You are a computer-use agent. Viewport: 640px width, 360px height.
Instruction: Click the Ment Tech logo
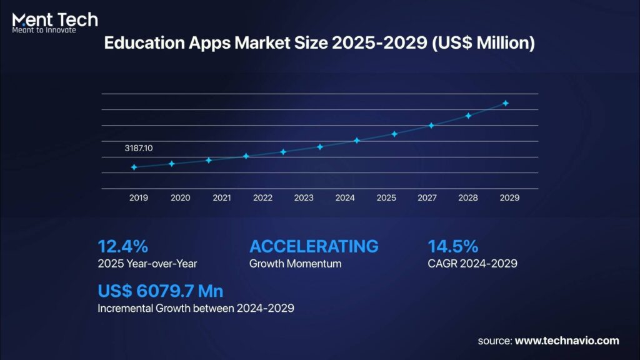pyautogui.click(x=55, y=21)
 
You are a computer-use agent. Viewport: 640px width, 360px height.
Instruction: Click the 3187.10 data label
pyautogui.click(x=139, y=149)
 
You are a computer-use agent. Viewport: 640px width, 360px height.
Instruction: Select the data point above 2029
pyautogui.click(x=506, y=103)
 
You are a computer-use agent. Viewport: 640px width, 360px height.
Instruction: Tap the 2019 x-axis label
pyautogui.click(x=139, y=197)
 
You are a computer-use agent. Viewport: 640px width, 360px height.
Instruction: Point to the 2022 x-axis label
pyautogui.click(x=262, y=197)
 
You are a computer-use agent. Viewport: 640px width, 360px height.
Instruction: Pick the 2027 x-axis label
pyautogui.click(x=427, y=197)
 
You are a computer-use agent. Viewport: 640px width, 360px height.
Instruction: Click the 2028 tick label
pyautogui.click(x=469, y=197)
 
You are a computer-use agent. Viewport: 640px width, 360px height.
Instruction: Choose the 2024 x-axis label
pyautogui.click(x=345, y=197)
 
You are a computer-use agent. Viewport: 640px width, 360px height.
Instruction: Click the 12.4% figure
pyautogui.click(x=123, y=246)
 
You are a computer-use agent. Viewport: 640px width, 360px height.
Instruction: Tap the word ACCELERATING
pyautogui.click(x=314, y=246)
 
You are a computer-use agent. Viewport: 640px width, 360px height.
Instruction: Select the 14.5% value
pyautogui.click(x=453, y=246)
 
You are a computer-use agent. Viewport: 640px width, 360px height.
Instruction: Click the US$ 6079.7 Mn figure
pyautogui.click(x=161, y=291)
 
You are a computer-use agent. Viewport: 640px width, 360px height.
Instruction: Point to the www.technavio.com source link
pyautogui.click(x=567, y=341)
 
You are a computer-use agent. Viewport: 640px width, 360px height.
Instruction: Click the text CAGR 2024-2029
pyautogui.click(x=472, y=264)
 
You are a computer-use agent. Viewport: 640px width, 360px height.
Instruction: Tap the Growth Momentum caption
pyautogui.click(x=295, y=264)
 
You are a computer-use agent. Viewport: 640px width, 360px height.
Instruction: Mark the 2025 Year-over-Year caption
pyautogui.click(x=147, y=264)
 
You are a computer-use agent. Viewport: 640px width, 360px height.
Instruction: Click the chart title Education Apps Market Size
pyautogui.click(x=319, y=44)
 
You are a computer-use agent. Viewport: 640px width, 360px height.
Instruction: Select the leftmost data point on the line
pyautogui.click(x=134, y=167)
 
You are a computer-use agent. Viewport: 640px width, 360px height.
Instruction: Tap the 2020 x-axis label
pyautogui.click(x=180, y=197)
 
